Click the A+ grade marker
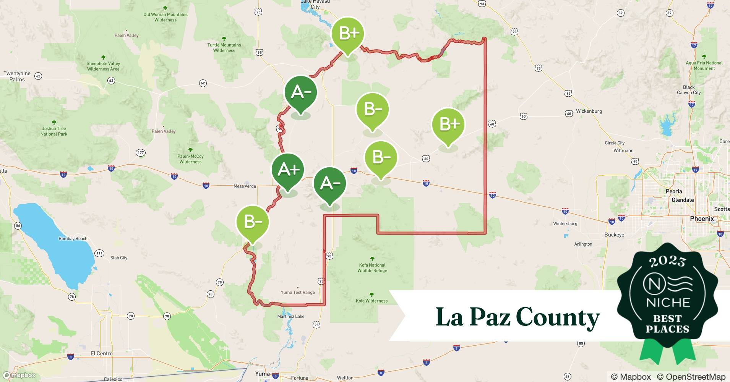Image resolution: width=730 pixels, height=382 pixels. (288, 170)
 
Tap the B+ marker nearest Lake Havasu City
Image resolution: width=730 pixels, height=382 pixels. (347, 34)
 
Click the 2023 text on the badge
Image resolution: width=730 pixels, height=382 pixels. (667, 261)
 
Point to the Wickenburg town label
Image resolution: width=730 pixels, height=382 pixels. (589, 111)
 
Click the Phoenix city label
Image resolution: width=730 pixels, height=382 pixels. (702, 219)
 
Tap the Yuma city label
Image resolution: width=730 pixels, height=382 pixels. (262, 374)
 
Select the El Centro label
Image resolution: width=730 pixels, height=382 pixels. (101, 353)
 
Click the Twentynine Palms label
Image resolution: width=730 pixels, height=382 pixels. (17, 76)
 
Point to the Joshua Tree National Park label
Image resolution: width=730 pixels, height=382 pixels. (54, 131)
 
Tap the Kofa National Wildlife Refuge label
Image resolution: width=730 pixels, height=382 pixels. (372, 268)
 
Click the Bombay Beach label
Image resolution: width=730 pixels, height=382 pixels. (73, 239)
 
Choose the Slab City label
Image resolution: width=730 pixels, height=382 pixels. (118, 258)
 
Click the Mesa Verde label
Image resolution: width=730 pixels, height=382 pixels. (245, 186)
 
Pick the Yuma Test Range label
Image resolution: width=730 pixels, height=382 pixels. (298, 293)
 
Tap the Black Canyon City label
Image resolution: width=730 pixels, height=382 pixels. (689, 90)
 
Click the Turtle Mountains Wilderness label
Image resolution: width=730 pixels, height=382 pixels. (224, 47)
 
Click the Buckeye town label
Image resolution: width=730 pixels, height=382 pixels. (614, 235)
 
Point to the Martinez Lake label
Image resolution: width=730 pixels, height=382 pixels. (291, 316)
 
